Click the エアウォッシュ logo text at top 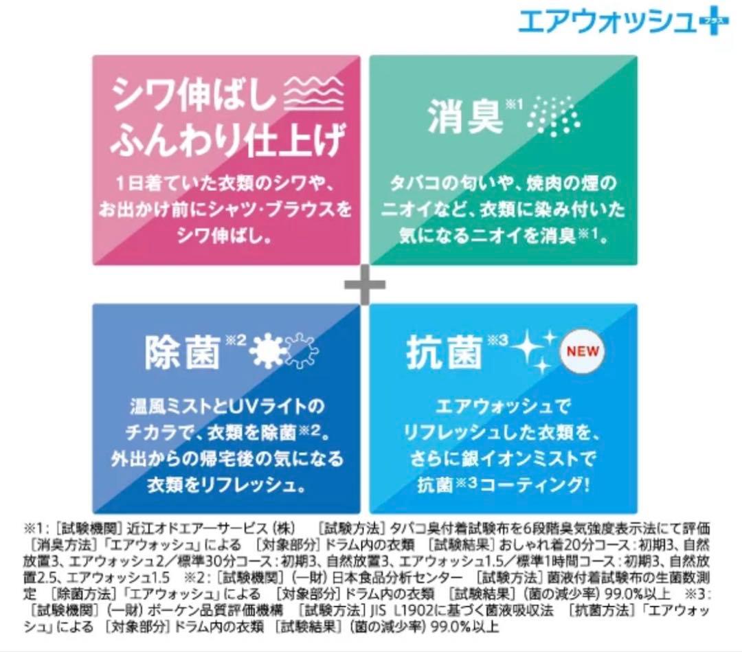(x=609, y=21)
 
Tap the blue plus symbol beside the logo (x=715, y=21)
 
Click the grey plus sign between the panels (x=364, y=284)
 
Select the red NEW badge (x=583, y=352)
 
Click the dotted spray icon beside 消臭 (x=554, y=116)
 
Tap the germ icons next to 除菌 (x=284, y=350)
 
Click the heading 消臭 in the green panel (x=464, y=116)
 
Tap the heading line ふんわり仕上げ (x=227, y=139)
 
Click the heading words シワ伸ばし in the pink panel (x=193, y=93)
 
